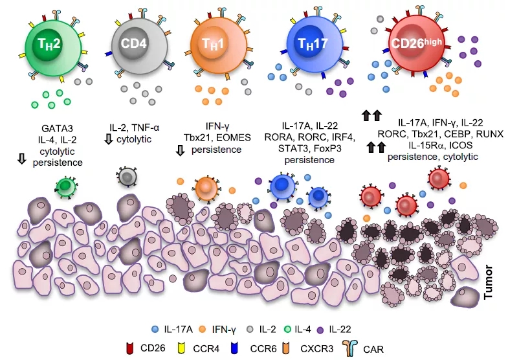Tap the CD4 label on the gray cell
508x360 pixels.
(133, 44)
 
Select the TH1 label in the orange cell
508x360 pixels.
(213, 45)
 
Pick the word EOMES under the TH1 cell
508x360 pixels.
(228, 139)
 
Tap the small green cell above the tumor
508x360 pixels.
(65, 186)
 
